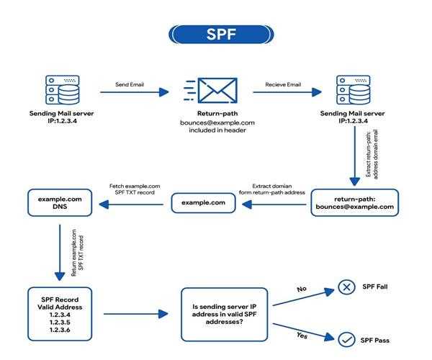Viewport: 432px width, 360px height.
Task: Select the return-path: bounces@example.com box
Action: [x=354, y=202]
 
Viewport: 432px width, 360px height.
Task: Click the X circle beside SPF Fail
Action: [x=347, y=288]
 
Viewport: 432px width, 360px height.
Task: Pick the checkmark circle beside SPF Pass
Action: [x=347, y=338]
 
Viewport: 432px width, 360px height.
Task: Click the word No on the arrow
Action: [x=303, y=288]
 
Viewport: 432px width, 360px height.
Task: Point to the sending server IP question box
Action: [x=225, y=314]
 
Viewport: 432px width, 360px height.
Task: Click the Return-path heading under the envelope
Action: [x=217, y=114]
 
